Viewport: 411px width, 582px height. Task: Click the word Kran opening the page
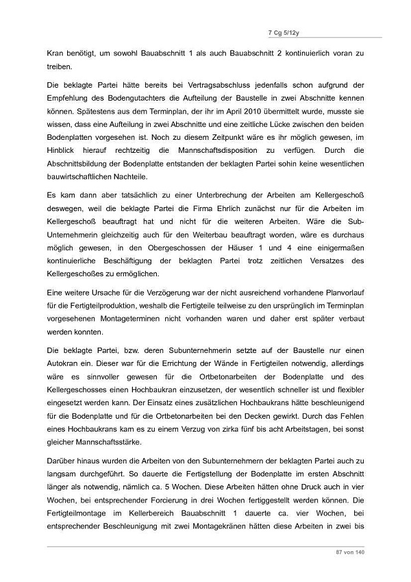[54, 53]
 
